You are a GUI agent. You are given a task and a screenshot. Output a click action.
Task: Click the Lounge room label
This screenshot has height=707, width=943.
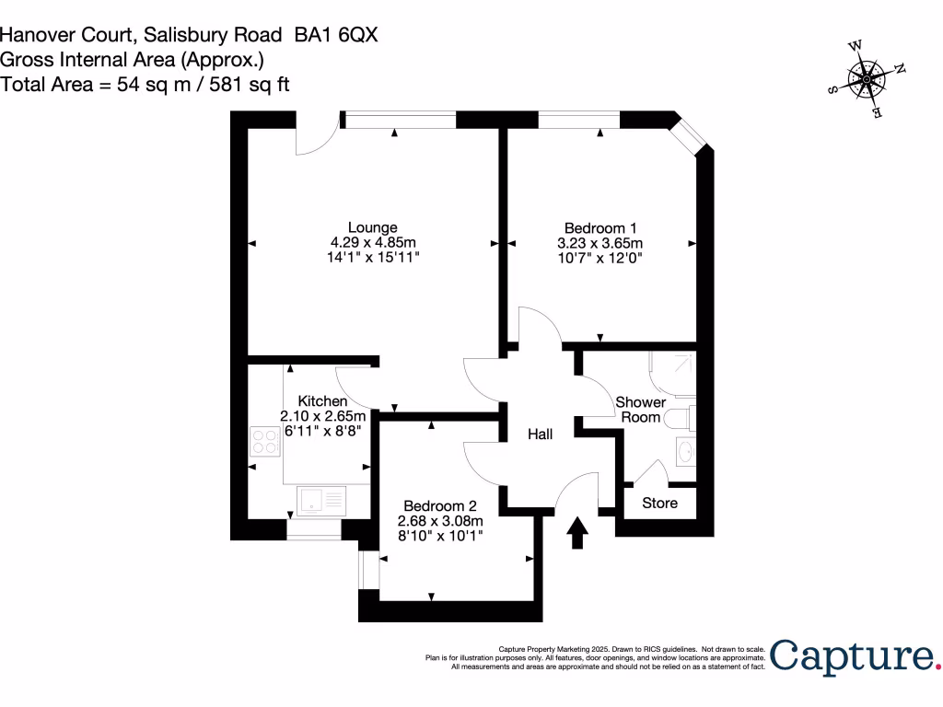tap(372, 227)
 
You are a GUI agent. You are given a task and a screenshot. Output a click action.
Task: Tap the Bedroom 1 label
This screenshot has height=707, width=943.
tap(600, 227)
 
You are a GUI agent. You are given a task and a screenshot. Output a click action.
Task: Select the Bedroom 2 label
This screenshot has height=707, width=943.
tap(440, 505)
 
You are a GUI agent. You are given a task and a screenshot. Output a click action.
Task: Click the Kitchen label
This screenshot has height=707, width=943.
tap(322, 401)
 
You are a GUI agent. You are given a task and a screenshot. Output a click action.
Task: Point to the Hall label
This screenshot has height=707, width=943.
tap(541, 434)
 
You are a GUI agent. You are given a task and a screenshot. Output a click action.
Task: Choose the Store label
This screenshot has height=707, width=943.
tap(659, 503)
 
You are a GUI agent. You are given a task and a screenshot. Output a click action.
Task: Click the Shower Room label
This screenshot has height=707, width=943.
tap(640, 410)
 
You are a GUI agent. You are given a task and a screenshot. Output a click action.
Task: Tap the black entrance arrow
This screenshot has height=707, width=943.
tap(577, 533)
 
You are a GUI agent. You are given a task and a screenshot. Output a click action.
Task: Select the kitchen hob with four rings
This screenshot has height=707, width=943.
tap(265, 443)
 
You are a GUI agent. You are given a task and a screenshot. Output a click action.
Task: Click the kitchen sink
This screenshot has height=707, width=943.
tap(320, 500)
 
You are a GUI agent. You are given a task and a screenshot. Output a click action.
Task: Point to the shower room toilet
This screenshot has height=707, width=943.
tap(682, 420)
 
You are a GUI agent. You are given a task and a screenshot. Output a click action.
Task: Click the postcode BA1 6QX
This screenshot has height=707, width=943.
tap(336, 35)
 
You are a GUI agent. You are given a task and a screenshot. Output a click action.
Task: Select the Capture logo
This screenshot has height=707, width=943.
tap(853, 656)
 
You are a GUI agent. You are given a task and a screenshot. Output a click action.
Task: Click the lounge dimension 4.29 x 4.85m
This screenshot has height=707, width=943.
tap(373, 243)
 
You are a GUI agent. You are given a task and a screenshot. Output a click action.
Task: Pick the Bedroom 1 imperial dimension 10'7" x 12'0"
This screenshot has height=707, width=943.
tap(600, 259)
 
